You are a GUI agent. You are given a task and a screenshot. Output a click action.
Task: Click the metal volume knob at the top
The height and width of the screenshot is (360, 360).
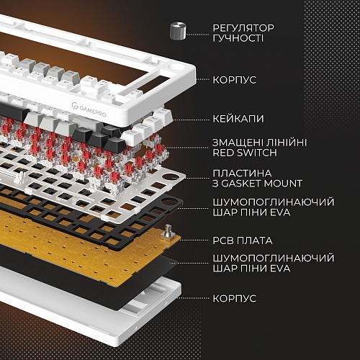(178, 31)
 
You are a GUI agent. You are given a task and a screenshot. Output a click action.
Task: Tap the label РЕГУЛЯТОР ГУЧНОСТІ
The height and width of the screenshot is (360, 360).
(243, 33)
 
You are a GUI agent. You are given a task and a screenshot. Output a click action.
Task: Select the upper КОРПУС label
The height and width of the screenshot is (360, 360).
(235, 80)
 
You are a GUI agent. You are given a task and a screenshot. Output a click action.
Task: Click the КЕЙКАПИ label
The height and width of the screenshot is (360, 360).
(238, 119)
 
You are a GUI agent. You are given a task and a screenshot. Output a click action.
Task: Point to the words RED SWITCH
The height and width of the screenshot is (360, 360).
(245, 153)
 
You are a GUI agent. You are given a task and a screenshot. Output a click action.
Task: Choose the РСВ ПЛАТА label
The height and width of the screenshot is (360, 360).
(243, 240)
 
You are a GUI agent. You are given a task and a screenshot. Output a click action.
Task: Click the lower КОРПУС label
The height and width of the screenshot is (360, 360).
(235, 299)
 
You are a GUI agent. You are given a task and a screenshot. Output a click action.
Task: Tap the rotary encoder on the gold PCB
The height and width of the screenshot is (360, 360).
(168, 233)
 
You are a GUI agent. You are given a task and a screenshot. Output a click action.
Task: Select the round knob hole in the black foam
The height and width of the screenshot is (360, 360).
(169, 201)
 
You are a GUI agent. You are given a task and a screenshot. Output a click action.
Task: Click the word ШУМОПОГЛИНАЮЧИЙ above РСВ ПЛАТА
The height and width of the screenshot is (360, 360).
(274, 202)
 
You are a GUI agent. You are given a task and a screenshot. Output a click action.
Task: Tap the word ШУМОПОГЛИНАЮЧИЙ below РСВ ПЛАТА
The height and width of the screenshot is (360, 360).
(274, 258)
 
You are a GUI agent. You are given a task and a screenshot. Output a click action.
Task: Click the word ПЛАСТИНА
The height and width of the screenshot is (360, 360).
(242, 174)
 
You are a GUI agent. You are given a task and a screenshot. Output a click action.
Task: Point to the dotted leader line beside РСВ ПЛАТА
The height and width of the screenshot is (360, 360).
(194, 240)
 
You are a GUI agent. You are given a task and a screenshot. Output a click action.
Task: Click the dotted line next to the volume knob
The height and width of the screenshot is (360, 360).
(198, 35)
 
